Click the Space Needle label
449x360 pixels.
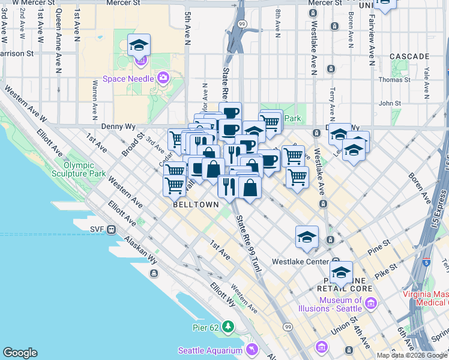point(128,78)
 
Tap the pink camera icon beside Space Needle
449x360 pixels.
point(162,78)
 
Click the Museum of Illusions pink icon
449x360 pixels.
point(370,304)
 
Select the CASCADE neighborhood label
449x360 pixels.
point(409,56)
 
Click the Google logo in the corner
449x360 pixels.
point(20,353)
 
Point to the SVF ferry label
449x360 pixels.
point(97,229)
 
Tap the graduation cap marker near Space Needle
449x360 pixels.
point(139,45)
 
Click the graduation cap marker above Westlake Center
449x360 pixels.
point(307,237)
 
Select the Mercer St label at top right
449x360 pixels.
point(324,3)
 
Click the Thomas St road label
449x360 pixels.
point(394,79)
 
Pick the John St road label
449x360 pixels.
point(390,103)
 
